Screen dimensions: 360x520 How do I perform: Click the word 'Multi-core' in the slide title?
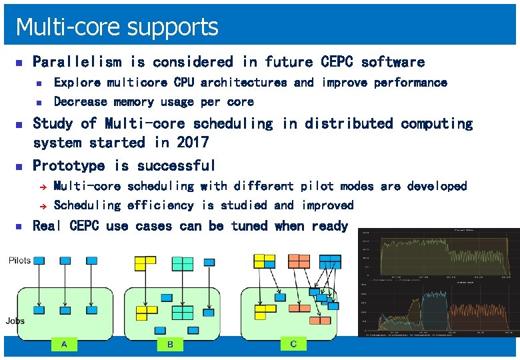[55, 27]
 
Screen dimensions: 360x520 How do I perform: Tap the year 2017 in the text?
[193, 143]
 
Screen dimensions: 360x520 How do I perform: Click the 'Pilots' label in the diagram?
[19, 261]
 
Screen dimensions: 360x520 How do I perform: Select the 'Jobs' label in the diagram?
[15, 321]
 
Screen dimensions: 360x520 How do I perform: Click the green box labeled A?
[64, 344]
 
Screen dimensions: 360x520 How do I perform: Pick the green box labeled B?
[170, 344]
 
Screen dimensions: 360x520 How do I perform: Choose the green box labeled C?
[293, 344]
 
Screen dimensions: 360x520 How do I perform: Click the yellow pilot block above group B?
[145, 263]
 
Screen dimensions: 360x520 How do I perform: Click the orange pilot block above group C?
[298, 261]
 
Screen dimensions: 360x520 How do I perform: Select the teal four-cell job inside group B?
[182, 311]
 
